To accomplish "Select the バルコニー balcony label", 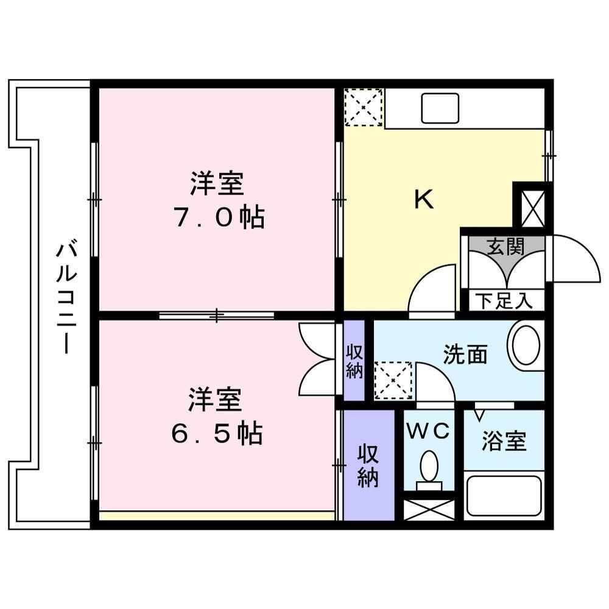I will [66, 298].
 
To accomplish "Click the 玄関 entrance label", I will [505, 246].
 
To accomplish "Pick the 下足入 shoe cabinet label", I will [503, 300].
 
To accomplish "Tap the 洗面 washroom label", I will [465, 354].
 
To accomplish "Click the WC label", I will [429, 431].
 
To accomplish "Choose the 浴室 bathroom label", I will [504, 440].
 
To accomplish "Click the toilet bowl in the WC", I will [429, 468].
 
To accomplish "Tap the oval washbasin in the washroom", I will [527, 345].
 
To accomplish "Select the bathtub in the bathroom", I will [504, 496].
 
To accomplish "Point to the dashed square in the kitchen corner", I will [364, 107].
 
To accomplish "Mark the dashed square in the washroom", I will [393, 381].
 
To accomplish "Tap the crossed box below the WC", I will [429, 509].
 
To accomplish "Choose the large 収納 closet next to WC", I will [368, 465].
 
